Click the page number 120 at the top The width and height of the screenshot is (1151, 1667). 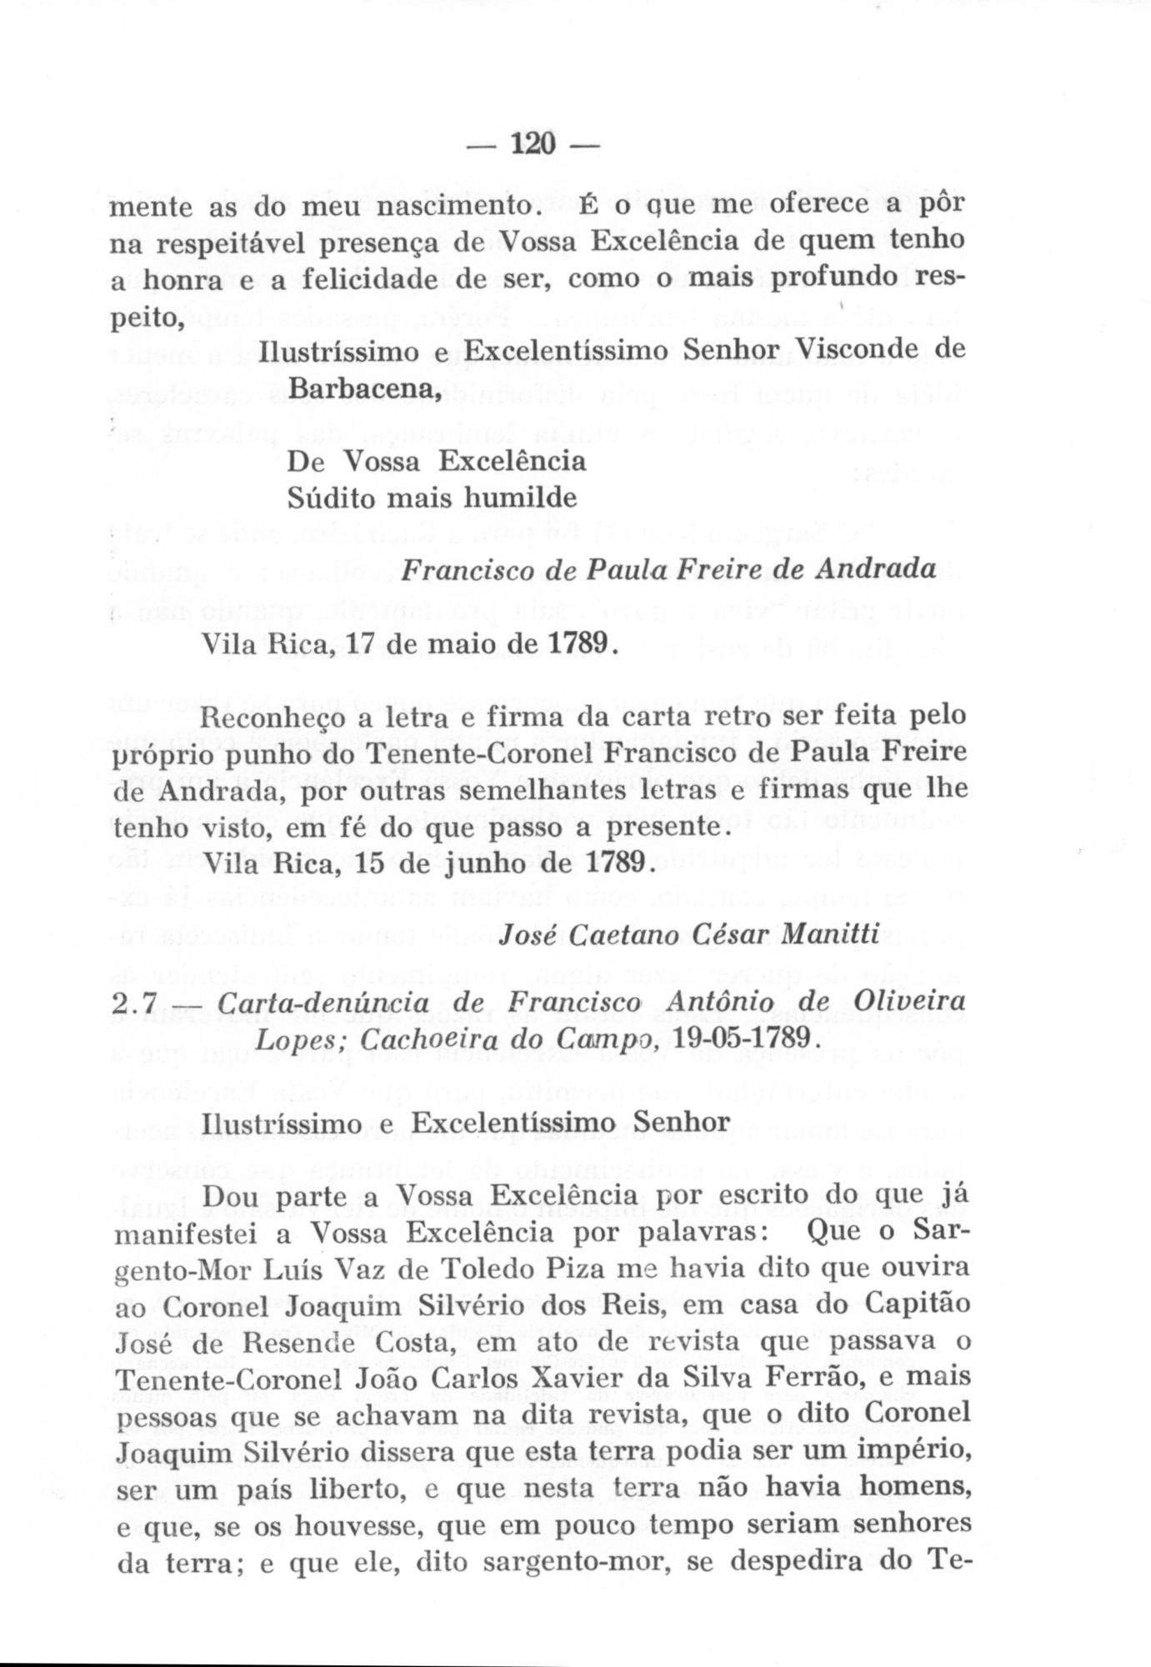tap(533, 143)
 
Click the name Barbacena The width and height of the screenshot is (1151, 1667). tap(363, 386)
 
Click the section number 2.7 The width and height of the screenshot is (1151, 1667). tap(133, 1003)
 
